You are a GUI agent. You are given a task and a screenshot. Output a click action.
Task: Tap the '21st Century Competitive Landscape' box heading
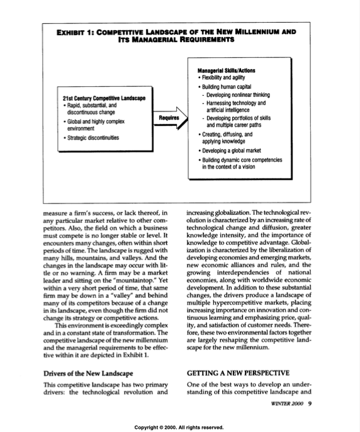coord(104,98)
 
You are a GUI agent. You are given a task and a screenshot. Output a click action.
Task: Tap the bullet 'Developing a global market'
coord(235,151)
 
